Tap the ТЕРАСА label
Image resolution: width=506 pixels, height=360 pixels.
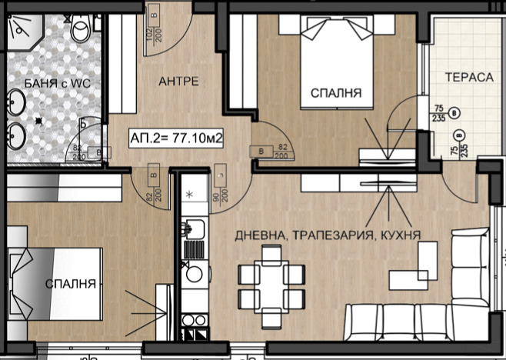pyautogui.click(x=467, y=77)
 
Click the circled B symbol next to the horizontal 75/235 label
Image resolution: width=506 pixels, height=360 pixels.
pyautogui.click(x=459, y=112)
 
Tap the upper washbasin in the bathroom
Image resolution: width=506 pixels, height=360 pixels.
pyautogui.click(x=17, y=100)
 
